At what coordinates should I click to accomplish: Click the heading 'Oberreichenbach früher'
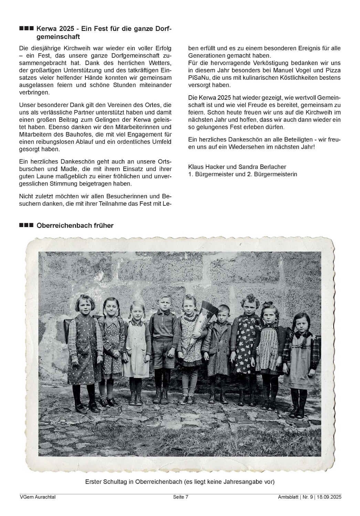[x=75, y=226]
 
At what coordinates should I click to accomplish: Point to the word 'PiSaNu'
[x=198, y=78]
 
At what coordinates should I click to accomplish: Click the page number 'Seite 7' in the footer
[x=181, y=497]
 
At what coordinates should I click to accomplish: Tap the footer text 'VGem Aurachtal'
[x=38, y=497]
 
